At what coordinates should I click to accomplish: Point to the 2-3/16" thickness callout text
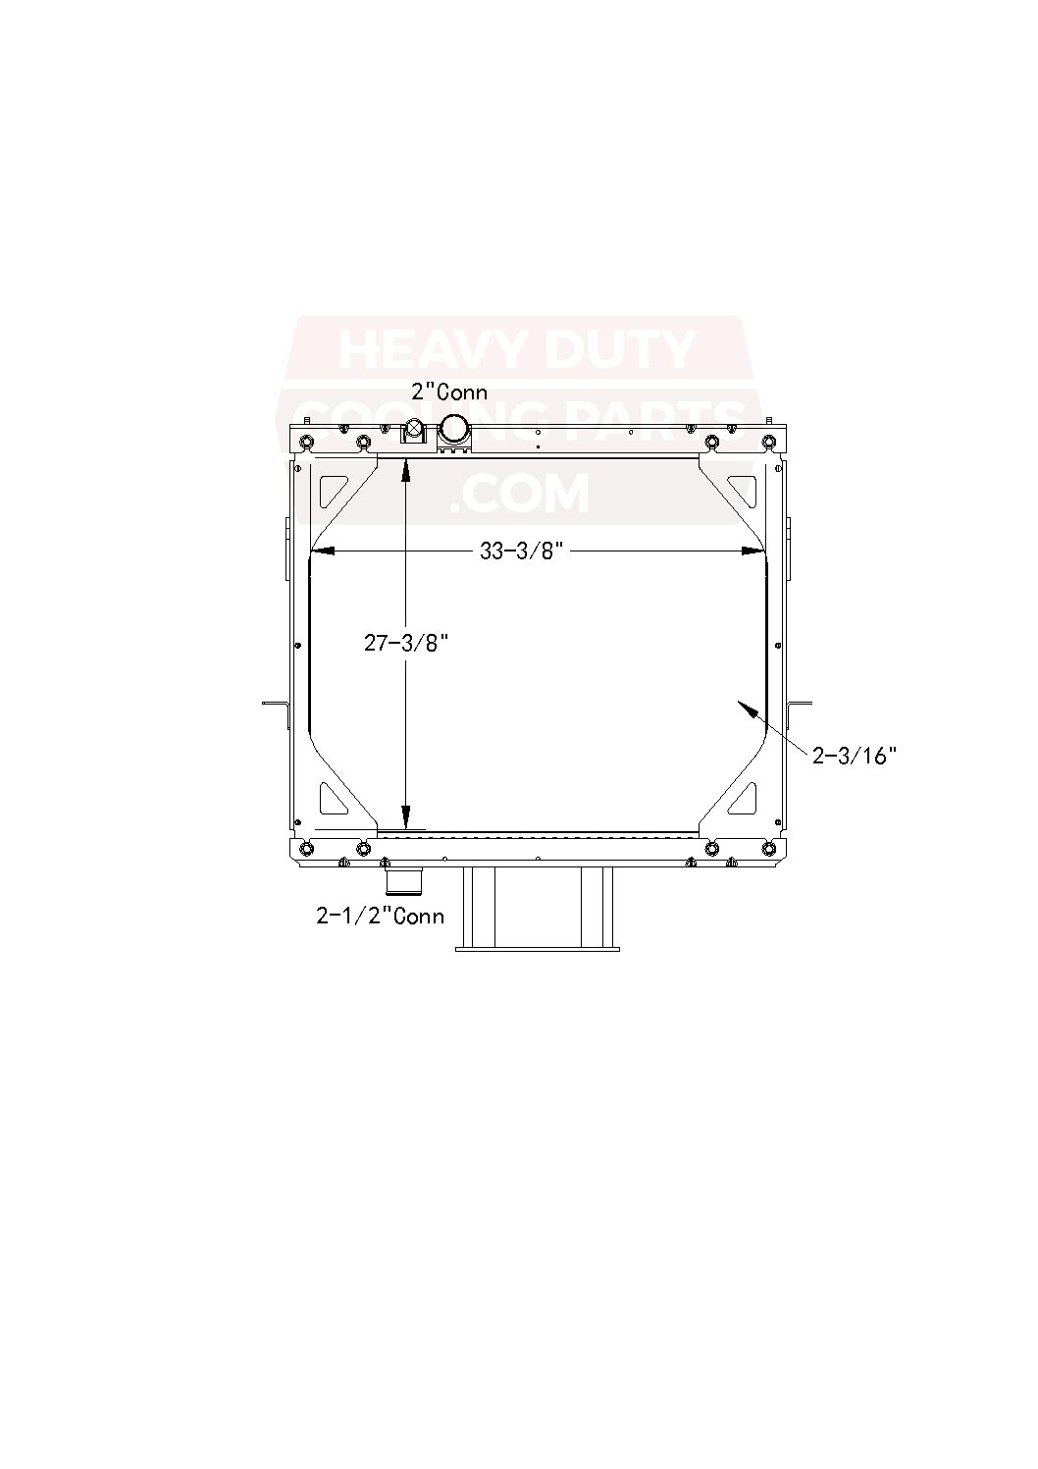855,755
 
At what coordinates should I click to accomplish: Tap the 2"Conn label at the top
448,393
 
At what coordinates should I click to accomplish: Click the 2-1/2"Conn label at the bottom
380,916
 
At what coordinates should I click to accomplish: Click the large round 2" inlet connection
453,429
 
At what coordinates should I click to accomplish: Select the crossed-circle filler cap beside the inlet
414,429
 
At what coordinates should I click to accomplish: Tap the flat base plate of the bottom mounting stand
538,948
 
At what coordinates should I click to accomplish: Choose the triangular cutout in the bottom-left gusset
332,798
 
